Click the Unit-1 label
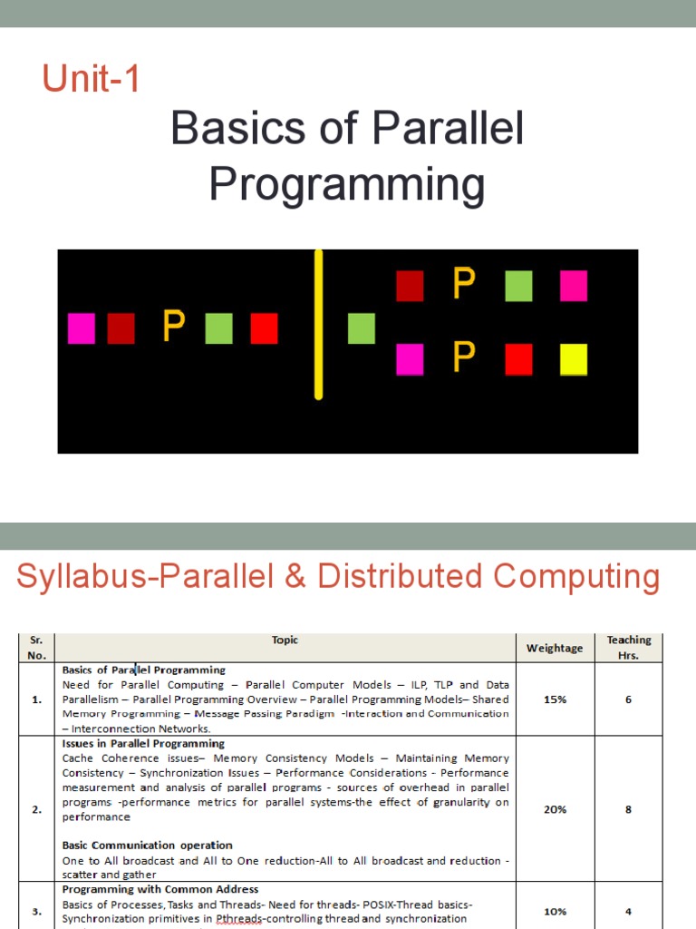click(92, 80)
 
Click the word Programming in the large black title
click(346, 184)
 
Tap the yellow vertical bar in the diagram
click(318, 324)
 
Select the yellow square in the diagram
click(573, 359)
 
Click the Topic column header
click(285, 641)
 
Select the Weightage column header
click(555, 648)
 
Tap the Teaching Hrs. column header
click(629, 647)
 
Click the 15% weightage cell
click(555, 699)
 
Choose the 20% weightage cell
click(555, 809)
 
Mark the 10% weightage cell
click(555, 911)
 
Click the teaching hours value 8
click(629, 809)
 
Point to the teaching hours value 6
click(629, 699)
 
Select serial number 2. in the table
click(36, 810)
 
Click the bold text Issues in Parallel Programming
click(143, 744)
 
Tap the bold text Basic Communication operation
click(148, 846)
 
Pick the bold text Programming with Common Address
click(160, 889)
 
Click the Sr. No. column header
click(36, 648)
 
